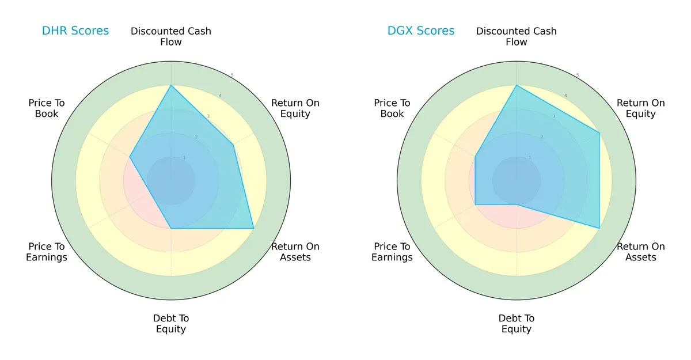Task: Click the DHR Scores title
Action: (75, 31)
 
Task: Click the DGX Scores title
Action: (420, 31)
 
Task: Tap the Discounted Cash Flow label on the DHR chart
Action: (171, 36)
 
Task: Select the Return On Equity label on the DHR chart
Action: (295, 108)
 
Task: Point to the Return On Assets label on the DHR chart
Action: (295, 252)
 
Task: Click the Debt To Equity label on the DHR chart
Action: (171, 324)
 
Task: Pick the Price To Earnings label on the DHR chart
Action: (47, 252)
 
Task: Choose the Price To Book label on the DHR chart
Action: (47, 108)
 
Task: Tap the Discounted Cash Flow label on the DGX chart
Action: (517, 36)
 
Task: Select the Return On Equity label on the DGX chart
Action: (640, 108)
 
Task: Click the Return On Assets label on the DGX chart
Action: (640, 252)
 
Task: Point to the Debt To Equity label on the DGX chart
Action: (517, 324)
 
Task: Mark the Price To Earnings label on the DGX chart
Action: (392, 252)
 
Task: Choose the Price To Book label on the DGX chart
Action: (392, 108)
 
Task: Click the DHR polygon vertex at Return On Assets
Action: (253, 229)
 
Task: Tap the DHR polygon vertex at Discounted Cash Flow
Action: (171, 85)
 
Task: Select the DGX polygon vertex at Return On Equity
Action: (599, 133)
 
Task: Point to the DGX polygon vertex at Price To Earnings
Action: (475, 204)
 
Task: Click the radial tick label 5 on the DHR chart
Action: (232, 75)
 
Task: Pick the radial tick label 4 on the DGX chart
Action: (565, 96)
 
